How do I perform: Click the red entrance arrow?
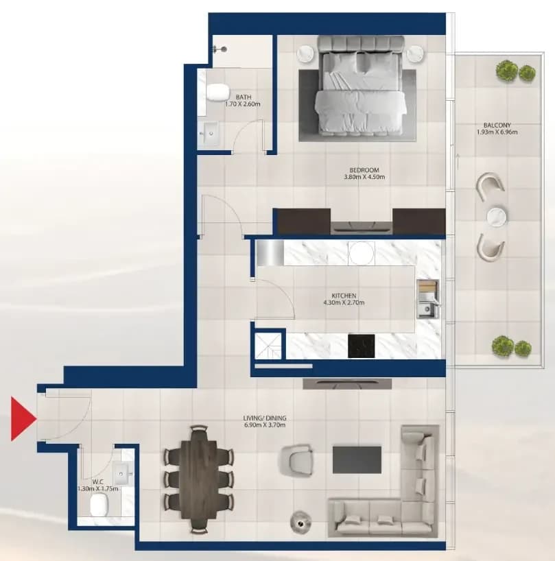coord(22,418)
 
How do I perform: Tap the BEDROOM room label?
coord(364,170)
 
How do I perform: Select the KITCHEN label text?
coord(344,296)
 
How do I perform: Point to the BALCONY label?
coord(497,126)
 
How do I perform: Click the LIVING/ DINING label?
coord(265,418)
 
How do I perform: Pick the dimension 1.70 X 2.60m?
coord(243,104)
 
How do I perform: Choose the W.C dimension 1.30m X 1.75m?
coord(98,488)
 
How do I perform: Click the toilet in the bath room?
coord(217,93)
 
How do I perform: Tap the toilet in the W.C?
coord(99,505)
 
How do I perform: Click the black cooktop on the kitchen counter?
coord(362,346)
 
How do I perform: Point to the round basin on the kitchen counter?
coord(362,253)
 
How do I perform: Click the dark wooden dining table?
coord(198,480)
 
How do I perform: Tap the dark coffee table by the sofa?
coord(357,459)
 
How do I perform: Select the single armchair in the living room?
coord(296,460)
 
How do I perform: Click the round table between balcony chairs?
coord(496,217)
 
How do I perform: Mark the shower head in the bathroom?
coord(220,49)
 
